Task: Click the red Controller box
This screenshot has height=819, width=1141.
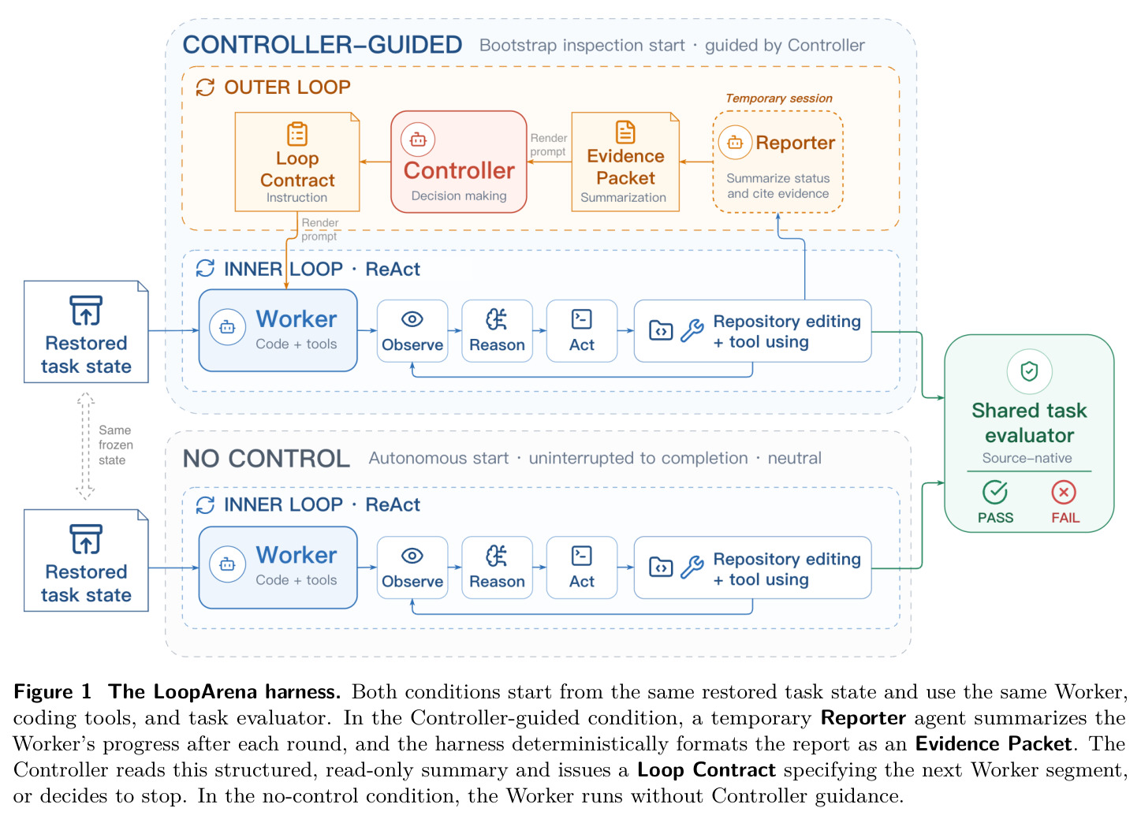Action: tap(458, 162)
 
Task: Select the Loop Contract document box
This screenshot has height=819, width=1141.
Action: tap(297, 162)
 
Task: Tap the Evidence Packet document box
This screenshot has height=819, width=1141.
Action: tap(625, 162)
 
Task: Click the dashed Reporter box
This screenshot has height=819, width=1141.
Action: tap(777, 162)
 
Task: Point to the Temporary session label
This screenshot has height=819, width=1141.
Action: tap(779, 99)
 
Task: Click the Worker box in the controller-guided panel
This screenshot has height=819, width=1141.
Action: tap(278, 330)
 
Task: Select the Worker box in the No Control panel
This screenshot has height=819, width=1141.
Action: tap(278, 568)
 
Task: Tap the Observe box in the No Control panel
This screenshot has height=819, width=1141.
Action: tap(412, 568)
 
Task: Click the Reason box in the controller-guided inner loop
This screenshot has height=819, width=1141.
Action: tap(497, 331)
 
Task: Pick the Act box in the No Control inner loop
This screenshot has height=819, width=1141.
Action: tap(582, 568)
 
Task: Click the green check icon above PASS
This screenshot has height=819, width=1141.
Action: tap(995, 492)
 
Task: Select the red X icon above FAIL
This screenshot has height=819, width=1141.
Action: tap(1064, 493)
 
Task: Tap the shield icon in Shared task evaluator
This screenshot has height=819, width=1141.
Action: tap(1030, 371)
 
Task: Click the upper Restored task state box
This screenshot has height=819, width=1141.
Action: tap(86, 332)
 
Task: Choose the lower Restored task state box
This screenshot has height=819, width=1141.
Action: tap(86, 560)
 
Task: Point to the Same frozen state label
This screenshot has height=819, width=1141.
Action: tap(116, 445)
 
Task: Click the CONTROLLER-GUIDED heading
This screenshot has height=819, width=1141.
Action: tap(323, 45)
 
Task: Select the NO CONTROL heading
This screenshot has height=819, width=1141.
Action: tap(267, 459)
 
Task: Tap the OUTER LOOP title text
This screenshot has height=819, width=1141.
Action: tap(287, 87)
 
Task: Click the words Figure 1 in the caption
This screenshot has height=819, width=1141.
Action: tap(52, 691)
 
